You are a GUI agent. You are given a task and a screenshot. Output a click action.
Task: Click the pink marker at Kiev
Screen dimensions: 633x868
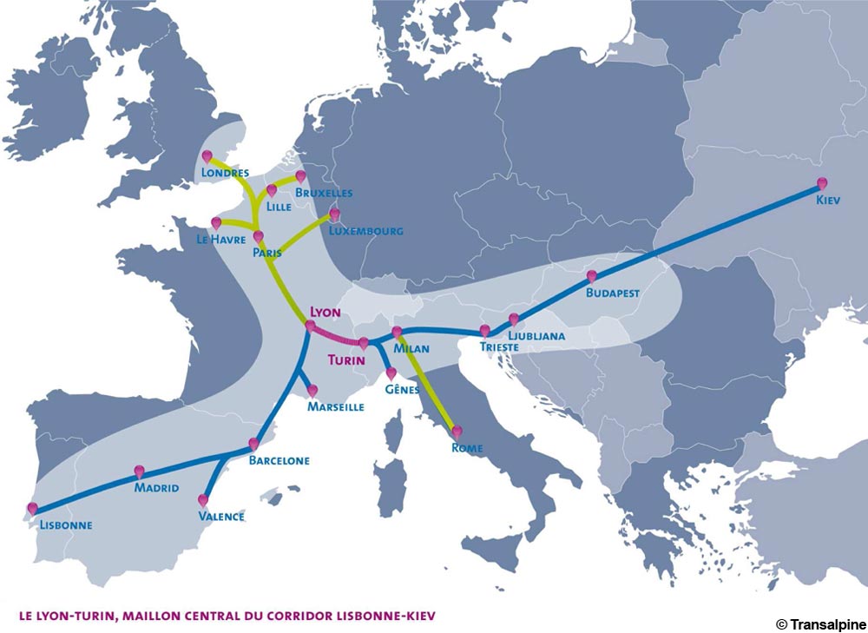point(822,183)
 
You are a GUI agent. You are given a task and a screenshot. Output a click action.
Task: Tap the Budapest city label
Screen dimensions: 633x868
point(613,293)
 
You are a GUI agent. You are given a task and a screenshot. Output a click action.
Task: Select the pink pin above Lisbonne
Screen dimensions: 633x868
point(33,509)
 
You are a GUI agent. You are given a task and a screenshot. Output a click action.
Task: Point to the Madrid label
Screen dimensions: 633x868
point(156,488)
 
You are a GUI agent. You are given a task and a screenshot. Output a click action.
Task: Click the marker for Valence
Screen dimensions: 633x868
point(203,500)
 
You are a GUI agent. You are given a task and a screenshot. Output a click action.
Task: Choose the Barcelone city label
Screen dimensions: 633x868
point(279,461)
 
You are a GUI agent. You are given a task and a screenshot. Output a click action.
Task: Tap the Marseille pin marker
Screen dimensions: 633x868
point(312,391)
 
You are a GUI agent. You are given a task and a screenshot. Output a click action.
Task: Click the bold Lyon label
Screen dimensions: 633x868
point(325,310)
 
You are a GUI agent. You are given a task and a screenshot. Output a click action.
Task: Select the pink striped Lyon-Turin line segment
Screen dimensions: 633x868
point(337,335)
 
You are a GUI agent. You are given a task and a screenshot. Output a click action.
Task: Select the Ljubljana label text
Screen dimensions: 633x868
point(537,335)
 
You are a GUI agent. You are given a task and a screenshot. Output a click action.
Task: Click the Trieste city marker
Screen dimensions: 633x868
point(484,331)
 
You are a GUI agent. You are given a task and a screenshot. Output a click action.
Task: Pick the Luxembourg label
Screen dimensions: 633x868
point(365,232)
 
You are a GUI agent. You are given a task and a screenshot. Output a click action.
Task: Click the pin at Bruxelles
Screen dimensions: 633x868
point(301,176)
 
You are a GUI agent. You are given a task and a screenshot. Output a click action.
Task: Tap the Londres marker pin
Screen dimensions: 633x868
point(207,156)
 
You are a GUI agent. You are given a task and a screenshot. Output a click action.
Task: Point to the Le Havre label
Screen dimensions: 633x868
point(220,240)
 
